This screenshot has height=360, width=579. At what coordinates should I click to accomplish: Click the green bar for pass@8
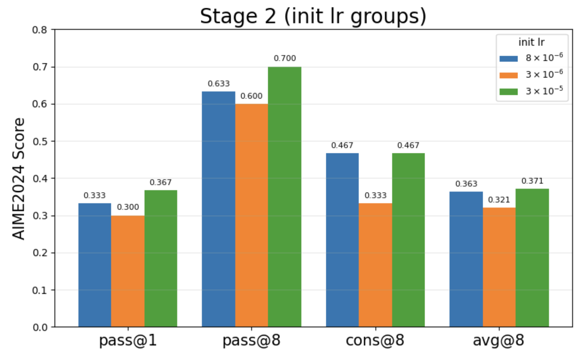tap(284, 197)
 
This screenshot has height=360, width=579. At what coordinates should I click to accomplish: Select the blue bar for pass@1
tap(94, 265)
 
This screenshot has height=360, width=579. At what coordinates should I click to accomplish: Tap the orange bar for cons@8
tap(375, 265)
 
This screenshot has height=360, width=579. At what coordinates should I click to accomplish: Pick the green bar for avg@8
tap(532, 258)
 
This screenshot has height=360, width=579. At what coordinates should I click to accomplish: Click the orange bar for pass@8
tap(251, 215)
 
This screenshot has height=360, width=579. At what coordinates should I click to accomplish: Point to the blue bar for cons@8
tap(342, 240)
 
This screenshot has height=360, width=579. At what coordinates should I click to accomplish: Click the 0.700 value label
tap(285, 59)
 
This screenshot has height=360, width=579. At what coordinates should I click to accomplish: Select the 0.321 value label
tap(499, 200)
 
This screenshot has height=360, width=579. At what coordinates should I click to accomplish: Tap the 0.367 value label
tap(161, 182)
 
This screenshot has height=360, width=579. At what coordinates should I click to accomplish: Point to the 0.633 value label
tap(219, 84)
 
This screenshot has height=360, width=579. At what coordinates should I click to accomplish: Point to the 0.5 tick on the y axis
tap(40, 141)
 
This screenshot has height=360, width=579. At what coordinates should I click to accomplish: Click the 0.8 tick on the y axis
tap(40, 30)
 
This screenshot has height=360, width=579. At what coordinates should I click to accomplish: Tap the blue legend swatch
tap(508, 59)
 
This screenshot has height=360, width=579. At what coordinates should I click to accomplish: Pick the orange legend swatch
tap(508, 75)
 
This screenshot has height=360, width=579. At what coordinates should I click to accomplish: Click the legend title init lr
tap(532, 42)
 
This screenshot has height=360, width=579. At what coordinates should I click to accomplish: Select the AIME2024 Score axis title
tap(18, 179)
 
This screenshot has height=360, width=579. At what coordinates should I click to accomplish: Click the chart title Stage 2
tap(238, 16)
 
